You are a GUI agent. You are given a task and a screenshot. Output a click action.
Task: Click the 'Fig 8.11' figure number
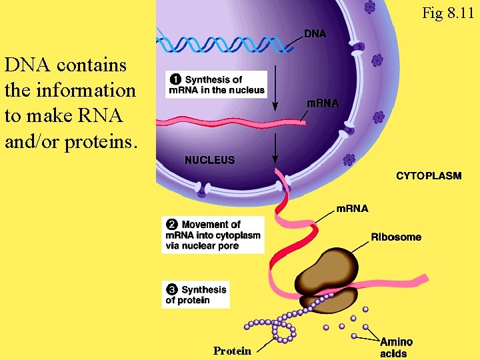click(x=449, y=12)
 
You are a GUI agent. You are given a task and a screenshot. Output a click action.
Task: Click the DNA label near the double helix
click(x=315, y=33)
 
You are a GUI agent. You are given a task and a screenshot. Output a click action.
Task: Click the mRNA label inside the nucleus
click(x=322, y=103)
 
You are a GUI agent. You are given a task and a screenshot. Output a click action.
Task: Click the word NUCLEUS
click(x=209, y=160)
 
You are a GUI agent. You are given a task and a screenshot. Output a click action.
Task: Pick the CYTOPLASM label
click(x=429, y=176)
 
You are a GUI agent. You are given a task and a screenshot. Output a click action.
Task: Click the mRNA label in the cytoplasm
click(x=351, y=209)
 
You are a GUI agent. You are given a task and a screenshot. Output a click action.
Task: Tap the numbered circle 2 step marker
click(x=172, y=225)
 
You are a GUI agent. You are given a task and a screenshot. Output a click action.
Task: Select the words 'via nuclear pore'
click(x=202, y=246)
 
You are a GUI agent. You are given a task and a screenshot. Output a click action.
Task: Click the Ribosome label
click(x=396, y=237)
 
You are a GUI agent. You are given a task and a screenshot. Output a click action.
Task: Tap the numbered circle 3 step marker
click(x=172, y=289)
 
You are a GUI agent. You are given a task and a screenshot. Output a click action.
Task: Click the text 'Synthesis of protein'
click(x=197, y=295)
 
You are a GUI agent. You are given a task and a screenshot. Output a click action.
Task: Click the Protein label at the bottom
click(x=232, y=351)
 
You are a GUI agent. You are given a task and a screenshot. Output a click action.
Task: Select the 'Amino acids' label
click(x=396, y=347)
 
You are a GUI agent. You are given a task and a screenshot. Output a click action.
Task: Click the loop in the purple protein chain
click(x=284, y=331)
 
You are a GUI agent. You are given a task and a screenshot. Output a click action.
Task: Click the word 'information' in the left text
click(x=70, y=89)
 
